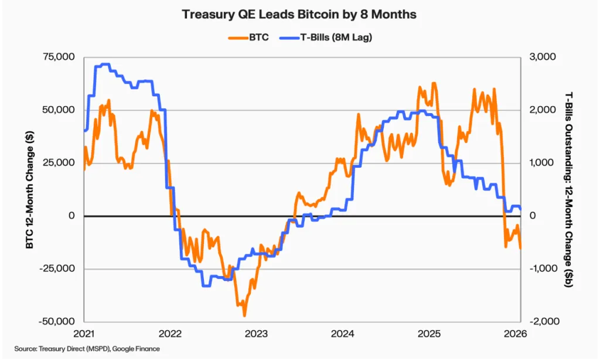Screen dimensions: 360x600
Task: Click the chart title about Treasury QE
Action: (299, 14)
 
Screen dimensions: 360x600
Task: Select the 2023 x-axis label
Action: (256, 334)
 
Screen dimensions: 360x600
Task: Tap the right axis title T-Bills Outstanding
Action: (568, 189)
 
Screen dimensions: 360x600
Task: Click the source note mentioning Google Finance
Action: (87, 349)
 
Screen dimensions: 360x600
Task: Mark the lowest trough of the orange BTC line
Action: (244, 316)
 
